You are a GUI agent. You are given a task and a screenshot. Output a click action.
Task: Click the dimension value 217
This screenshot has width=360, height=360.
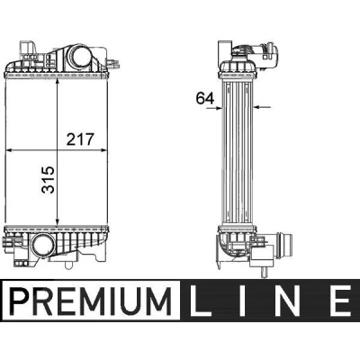tap(80, 139)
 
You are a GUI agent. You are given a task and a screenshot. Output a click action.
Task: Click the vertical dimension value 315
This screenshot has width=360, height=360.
tap(49, 180)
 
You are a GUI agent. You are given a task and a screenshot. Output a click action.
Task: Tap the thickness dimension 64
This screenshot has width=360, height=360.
tap(205, 98)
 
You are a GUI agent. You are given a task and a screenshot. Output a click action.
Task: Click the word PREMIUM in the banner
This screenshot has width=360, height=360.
tap(90, 301)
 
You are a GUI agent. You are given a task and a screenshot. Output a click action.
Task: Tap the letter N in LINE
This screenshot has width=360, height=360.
tap(287, 301)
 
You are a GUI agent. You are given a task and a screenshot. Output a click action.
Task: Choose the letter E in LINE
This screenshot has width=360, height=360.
tap(340, 301)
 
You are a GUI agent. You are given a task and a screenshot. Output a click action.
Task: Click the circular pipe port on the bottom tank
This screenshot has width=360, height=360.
tap(43, 245)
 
